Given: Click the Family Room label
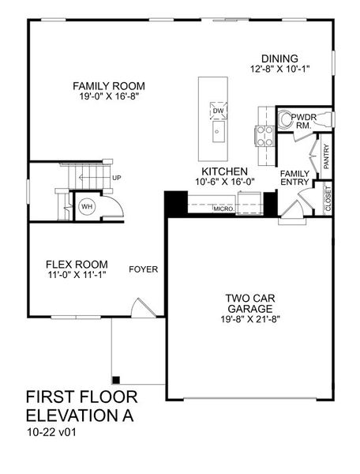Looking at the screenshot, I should click(108, 85).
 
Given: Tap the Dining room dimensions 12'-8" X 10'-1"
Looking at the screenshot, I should click(279, 69).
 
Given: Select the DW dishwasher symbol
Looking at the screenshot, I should click(217, 111).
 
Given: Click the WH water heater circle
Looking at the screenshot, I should click(88, 207).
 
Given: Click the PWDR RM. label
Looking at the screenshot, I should click(303, 122).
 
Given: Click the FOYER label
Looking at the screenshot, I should click(144, 269).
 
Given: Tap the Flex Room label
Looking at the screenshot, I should click(76, 265).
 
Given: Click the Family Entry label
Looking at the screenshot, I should click(295, 178).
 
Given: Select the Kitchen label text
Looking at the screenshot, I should click(225, 171).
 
